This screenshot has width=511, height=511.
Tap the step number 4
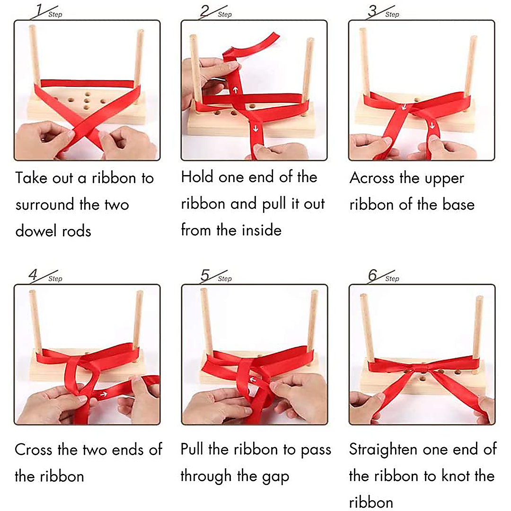pyautogui.click(x=34, y=274)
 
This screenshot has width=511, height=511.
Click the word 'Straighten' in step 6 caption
pyautogui.click(x=383, y=449)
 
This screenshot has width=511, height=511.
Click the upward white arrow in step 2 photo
pyautogui.click(x=235, y=88)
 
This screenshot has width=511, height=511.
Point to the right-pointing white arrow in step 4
pyautogui.click(x=103, y=394)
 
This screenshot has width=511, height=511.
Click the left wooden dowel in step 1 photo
pyautogui.click(x=35, y=54)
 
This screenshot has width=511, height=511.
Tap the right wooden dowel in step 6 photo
pyautogui.click(x=477, y=326)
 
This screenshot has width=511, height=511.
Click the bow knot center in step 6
pyautogui.click(x=421, y=367)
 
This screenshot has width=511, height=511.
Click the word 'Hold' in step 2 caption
pyautogui.click(x=197, y=177)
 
